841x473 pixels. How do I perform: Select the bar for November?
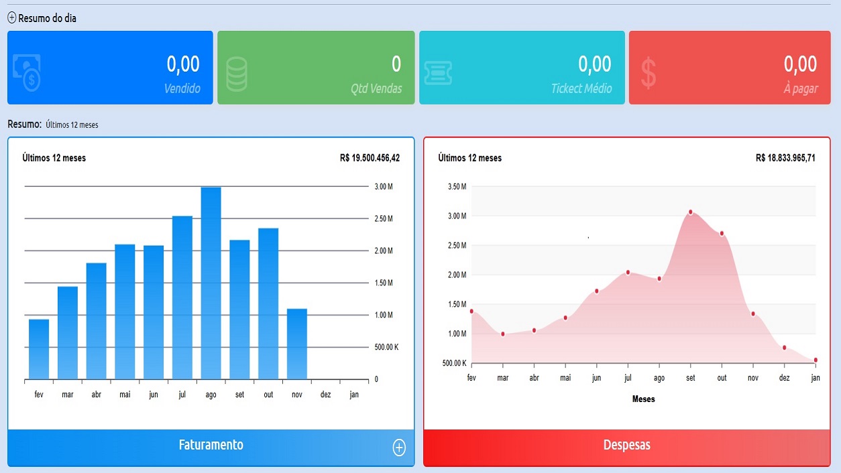click(297, 344)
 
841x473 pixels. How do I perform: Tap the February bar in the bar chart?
click(39, 349)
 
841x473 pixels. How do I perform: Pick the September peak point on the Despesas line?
click(690, 212)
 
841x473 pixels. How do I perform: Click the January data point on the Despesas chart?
click(816, 360)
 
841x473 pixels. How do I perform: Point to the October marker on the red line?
click(722, 233)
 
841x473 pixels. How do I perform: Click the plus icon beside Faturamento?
click(399, 448)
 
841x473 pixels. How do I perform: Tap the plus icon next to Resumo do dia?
click(12, 18)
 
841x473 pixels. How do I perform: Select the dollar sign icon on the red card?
click(649, 73)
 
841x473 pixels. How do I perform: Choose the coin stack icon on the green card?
click(237, 73)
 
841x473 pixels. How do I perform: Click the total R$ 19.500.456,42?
click(370, 158)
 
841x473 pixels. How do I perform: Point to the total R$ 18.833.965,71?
click(785, 158)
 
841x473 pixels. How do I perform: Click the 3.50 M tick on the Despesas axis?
click(457, 186)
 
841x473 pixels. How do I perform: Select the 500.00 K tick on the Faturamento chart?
click(387, 347)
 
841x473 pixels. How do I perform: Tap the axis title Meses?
click(643, 399)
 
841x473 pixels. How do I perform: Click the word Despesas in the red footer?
click(626, 446)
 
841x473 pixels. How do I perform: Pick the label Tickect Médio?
click(581, 88)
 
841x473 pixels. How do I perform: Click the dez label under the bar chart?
click(326, 395)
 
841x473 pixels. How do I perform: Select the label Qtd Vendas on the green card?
click(376, 88)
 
